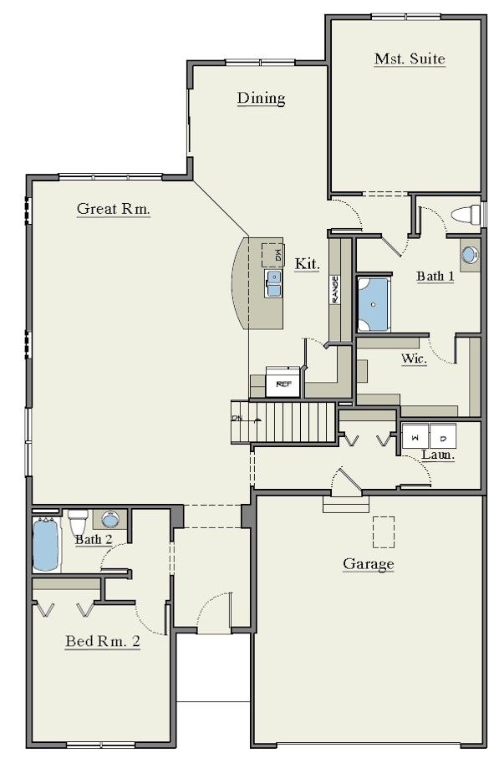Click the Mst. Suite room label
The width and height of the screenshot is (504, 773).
click(410, 58)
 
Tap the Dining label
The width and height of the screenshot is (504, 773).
click(261, 98)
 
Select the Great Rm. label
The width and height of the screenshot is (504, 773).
click(114, 209)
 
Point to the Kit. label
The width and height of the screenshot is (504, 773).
click(308, 264)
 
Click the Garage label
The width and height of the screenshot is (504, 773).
click(369, 564)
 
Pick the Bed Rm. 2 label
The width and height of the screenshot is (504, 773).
click(103, 641)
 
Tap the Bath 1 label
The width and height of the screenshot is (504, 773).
click(435, 276)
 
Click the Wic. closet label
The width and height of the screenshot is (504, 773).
click(414, 359)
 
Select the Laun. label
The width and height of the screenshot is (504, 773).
click(438, 455)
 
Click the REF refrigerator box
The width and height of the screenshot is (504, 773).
click(283, 382)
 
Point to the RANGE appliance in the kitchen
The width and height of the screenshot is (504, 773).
click(335, 289)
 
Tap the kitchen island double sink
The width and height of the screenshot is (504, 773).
click(273, 283)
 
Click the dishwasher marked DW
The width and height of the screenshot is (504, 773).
click(272, 255)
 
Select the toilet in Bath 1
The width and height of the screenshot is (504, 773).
click(466, 216)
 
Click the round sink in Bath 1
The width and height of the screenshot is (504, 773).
click(470, 255)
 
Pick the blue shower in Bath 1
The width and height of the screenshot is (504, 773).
click(374, 304)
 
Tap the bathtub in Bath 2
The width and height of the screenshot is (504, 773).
click(46, 545)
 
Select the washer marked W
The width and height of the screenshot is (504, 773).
click(415, 436)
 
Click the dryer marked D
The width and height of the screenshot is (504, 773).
click(443, 436)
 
